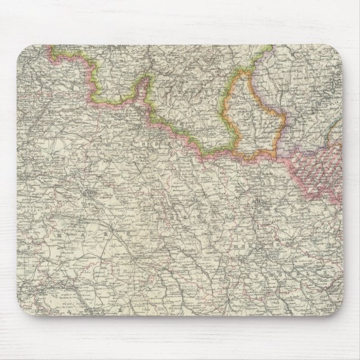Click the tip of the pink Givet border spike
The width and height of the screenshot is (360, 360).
coord(146,78)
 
